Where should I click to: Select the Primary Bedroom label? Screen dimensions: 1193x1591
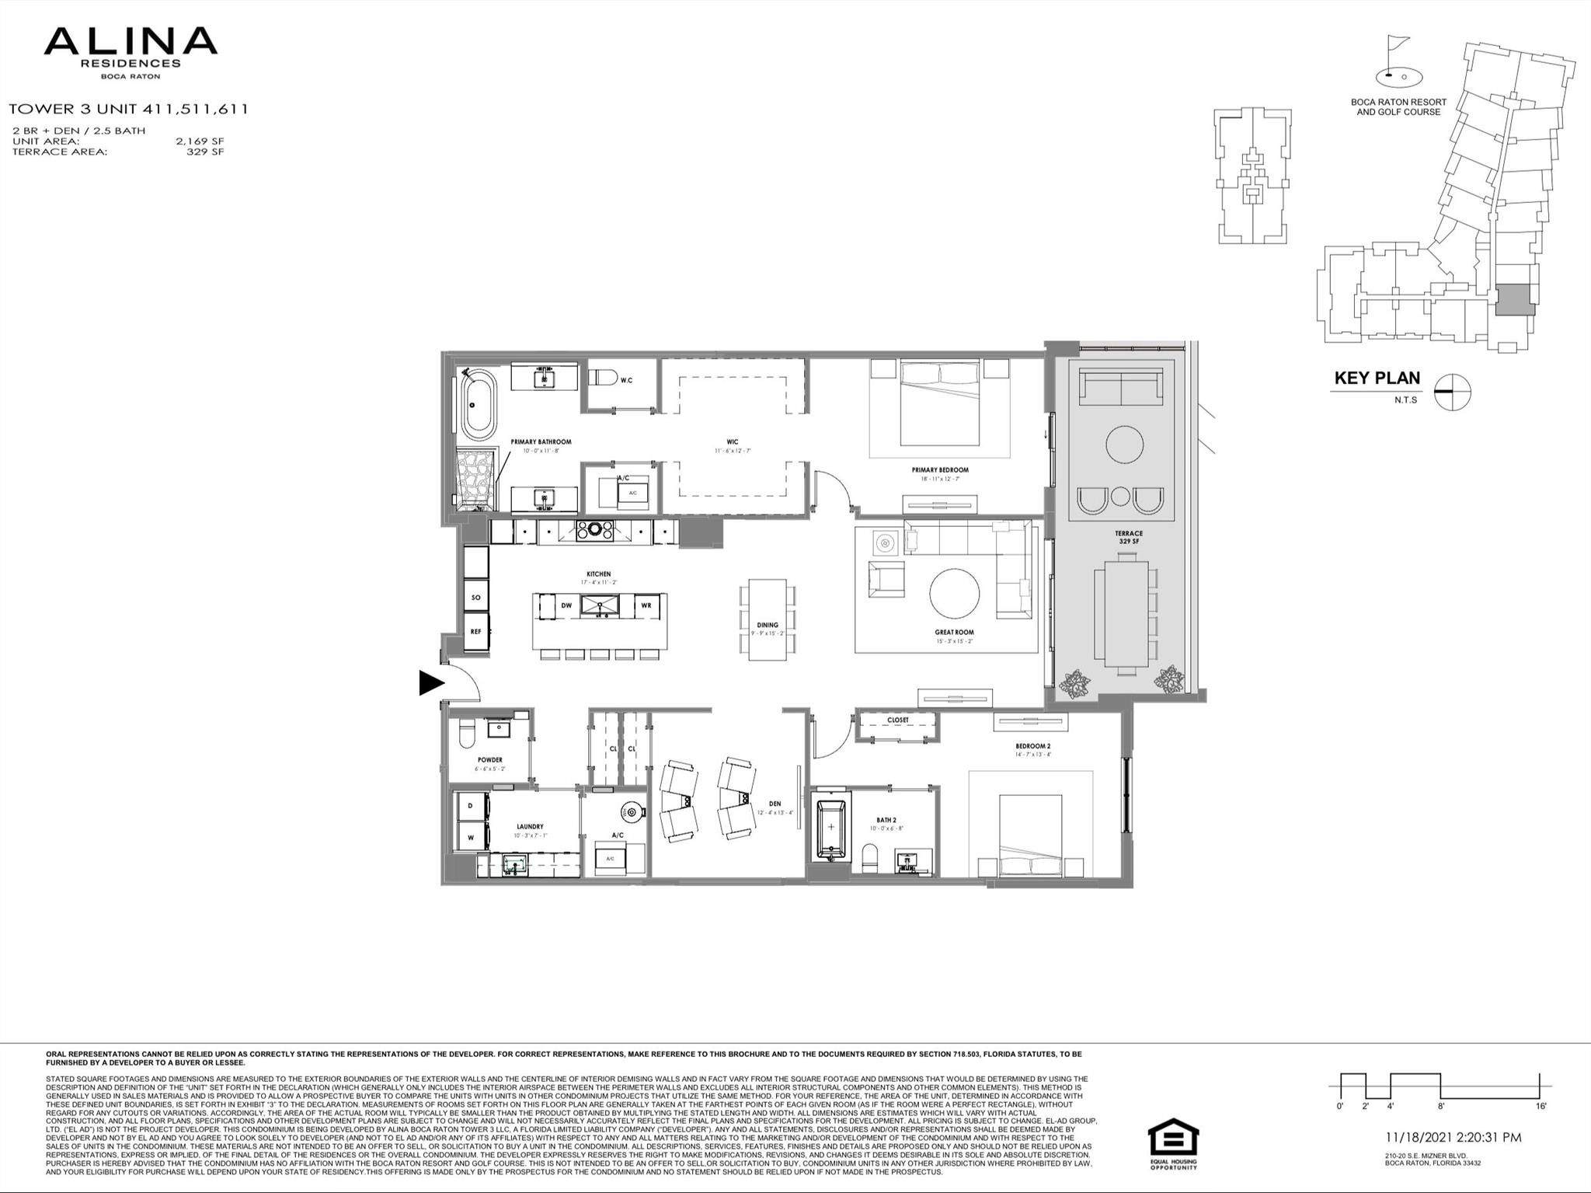tap(940, 470)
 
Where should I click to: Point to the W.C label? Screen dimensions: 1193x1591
tap(626, 380)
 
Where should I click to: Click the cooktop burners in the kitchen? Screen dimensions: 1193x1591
tap(594, 531)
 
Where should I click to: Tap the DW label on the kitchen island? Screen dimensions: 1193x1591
tap(566, 605)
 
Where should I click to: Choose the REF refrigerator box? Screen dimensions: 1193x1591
tap(476, 632)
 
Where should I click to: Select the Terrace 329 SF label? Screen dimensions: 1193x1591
tap(1129, 537)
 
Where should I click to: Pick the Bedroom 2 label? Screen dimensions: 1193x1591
tap(1032, 746)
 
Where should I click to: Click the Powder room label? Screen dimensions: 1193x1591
tap(489, 760)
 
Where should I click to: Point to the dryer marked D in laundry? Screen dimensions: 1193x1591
tap(470, 806)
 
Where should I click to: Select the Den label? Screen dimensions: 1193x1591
tap(775, 804)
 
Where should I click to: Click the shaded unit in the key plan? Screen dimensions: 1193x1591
tap(1516, 299)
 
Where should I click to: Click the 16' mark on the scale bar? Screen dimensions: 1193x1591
tap(1541, 1106)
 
